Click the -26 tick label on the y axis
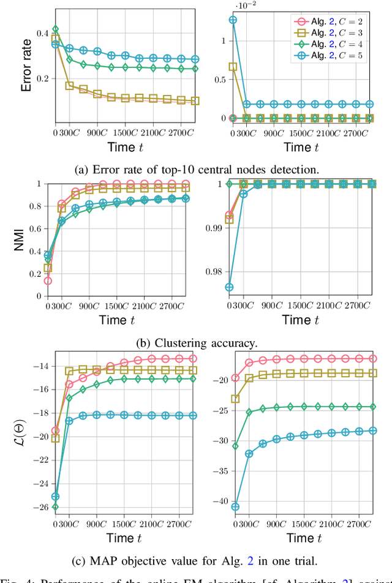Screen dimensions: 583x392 point(42,507)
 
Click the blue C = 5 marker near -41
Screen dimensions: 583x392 point(235,506)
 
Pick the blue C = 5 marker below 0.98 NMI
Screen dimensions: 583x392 point(230,287)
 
